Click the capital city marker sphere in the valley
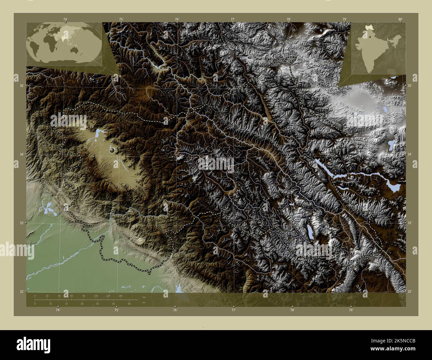click(112, 150)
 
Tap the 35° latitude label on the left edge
click(22, 86)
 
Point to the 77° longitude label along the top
click(233, 19)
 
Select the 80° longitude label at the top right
click(401, 19)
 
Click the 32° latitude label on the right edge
click(410, 292)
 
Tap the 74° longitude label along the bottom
click(58, 310)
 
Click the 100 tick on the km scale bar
click(96, 296)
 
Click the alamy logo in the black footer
click(34, 343)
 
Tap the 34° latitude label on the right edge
click(410, 154)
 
